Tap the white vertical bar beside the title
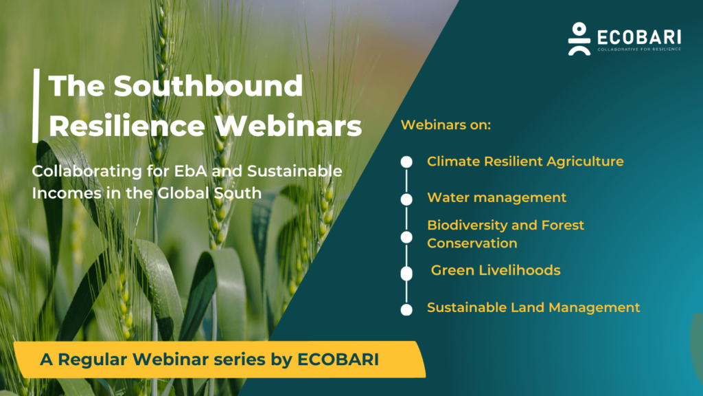pyautogui.click(x=35, y=105)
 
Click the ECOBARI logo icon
pyautogui.click(x=579, y=38)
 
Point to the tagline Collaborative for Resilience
pyautogui.click(x=639, y=49)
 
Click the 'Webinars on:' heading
pyautogui.click(x=446, y=126)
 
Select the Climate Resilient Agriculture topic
pyautogui.click(x=525, y=162)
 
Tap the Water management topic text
pyautogui.click(x=496, y=197)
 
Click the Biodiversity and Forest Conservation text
pyautogui.click(x=506, y=234)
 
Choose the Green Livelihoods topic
pyautogui.click(x=496, y=270)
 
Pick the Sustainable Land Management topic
pyautogui.click(x=533, y=307)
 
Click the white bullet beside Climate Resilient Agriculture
pyautogui.click(x=406, y=162)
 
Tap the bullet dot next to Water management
pyautogui.click(x=406, y=199)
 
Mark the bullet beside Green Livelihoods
pyautogui.click(x=406, y=273)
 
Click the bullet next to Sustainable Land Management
pyautogui.click(x=406, y=309)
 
